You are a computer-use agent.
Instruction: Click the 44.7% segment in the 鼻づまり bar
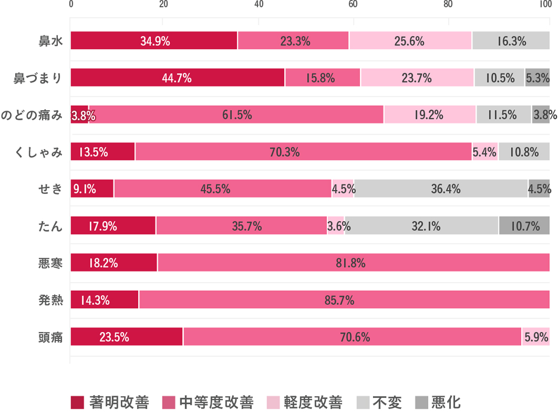coord(177,78)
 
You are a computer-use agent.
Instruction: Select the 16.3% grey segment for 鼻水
coord(511,41)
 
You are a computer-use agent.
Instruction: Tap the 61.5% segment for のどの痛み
coord(237,115)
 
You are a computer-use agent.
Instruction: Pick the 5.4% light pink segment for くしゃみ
coord(485,152)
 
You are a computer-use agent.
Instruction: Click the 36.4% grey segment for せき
coord(441,189)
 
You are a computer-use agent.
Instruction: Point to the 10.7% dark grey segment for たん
coord(524,226)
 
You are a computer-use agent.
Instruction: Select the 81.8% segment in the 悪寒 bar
coord(353,263)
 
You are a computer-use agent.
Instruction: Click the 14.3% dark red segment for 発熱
coord(105,300)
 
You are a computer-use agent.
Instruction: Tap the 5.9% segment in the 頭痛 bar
coord(536,337)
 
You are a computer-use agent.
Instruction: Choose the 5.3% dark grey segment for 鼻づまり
coord(537,78)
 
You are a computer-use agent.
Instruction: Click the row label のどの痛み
coord(32,115)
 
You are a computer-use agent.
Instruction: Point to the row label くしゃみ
coord(39,152)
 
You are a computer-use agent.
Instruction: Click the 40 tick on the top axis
coord(259,4)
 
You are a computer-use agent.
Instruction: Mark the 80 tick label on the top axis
coord(448,4)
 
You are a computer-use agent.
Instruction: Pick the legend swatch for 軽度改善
coord(273,402)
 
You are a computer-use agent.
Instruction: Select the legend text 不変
coord(387,402)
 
